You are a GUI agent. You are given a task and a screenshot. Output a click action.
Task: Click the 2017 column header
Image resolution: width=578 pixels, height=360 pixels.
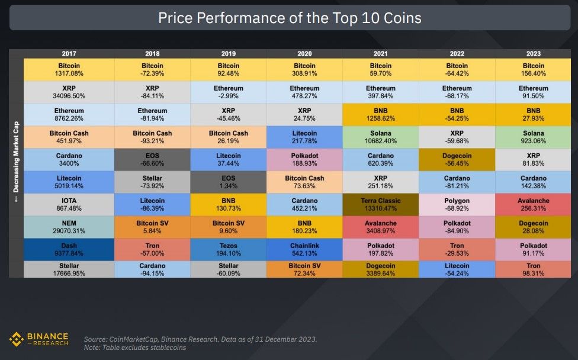(69, 54)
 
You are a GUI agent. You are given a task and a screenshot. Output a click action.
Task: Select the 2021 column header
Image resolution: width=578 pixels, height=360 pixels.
(380, 54)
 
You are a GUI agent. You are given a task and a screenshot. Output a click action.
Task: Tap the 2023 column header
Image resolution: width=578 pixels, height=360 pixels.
(534, 54)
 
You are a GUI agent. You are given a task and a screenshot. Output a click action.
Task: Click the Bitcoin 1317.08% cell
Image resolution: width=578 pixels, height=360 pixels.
(69, 69)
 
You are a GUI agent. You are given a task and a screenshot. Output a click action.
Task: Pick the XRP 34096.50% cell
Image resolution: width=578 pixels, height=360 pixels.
(69, 92)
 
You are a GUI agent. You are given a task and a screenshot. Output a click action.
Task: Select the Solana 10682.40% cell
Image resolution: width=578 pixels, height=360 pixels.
(380, 137)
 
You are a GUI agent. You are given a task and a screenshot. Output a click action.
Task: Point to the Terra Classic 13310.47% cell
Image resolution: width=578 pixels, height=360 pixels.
(380, 204)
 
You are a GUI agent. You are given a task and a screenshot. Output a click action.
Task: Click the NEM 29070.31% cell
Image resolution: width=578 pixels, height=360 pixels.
(69, 227)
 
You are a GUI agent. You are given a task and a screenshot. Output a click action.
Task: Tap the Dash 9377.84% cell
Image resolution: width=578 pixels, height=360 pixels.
(69, 249)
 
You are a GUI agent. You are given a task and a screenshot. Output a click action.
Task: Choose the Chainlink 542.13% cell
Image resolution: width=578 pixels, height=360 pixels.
(304, 249)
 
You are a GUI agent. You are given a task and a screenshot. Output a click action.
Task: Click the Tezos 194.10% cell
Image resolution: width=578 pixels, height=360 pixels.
(229, 249)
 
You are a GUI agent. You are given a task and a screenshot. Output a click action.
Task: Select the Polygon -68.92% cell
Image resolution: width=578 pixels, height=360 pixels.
(457, 204)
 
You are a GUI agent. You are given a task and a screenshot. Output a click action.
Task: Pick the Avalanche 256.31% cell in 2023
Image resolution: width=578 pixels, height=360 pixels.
(534, 204)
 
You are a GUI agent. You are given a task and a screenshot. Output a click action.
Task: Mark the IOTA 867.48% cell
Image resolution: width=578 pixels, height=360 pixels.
(69, 204)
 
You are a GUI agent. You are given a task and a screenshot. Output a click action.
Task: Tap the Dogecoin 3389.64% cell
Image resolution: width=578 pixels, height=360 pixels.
(380, 270)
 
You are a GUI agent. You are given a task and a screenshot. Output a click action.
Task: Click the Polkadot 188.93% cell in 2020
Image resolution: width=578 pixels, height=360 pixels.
(304, 159)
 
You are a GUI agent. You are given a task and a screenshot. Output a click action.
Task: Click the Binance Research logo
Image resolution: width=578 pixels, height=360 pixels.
(39, 339)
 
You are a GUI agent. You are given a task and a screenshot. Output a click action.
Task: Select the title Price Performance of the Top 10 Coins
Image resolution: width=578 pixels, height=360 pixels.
(290, 18)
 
